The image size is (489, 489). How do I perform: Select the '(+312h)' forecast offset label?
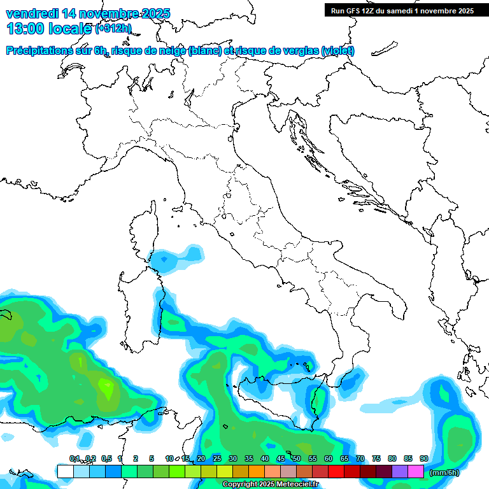coord(113,29)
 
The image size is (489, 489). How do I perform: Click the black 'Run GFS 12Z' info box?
coord(402,10)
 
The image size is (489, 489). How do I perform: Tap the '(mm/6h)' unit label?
coord(444,472)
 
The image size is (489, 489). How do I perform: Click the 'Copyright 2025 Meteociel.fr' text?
coord(271,485)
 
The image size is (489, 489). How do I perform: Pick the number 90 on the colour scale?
coord(423,458)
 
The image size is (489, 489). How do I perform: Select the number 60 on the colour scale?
coord(328,458)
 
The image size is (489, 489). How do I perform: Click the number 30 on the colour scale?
coord(232,458)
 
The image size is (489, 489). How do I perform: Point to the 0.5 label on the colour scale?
coord(106,458)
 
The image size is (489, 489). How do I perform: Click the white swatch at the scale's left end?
coord(65,471)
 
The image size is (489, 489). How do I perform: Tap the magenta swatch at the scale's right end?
coord(416,471)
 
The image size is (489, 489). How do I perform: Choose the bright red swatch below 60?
coord(336,471)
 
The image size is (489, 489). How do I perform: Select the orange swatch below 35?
coord(257,471)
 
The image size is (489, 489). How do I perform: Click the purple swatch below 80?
coord(400,471)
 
